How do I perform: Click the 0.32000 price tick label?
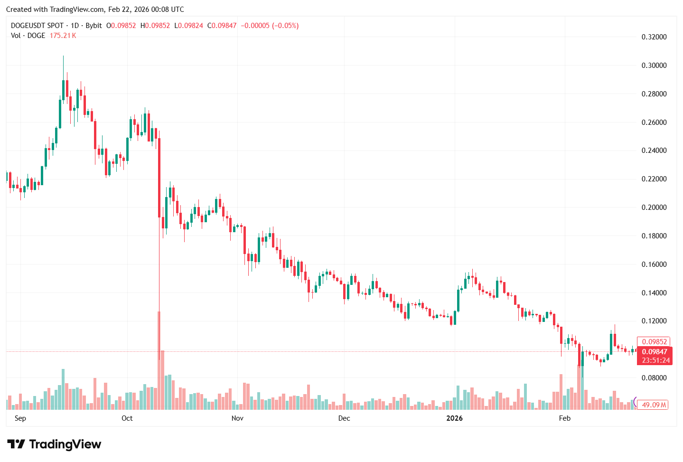(654, 37)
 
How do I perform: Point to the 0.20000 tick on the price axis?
(654, 207)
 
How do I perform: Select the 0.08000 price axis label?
(654, 378)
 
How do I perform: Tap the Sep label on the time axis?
(20, 418)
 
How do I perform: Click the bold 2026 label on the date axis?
(454, 418)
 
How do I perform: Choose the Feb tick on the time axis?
(564, 418)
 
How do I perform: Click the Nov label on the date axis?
(237, 418)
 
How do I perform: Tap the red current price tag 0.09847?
(654, 352)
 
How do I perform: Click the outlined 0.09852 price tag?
(654, 342)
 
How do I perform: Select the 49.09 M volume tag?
(654, 405)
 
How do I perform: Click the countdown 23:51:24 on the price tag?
(655, 360)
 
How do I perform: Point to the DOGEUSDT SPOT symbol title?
(37, 26)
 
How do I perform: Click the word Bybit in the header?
(94, 26)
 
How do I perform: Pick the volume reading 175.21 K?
(63, 36)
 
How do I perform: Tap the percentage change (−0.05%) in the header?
(285, 26)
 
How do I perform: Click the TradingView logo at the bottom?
(55, 444)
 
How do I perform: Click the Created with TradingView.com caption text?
(95, 9)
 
